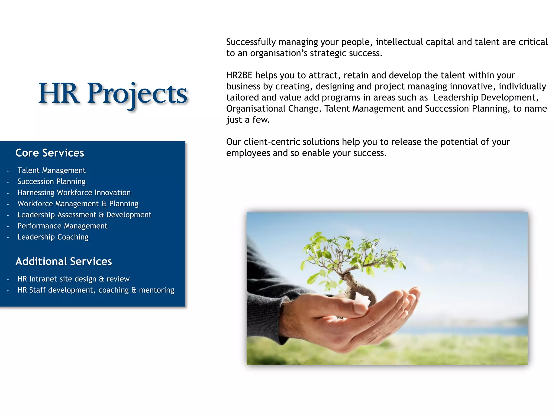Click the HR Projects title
(113, 93)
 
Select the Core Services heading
(50, 153)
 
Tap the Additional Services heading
(64, 262)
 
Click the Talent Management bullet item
(51, 170)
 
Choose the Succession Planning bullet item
(51, 181)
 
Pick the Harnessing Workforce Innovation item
(74, 193)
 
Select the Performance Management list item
(62, 226)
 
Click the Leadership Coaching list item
(53, 237)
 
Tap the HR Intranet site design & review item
(73, 279)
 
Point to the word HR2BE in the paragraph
(239, 75)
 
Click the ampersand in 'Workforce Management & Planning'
(104, 204)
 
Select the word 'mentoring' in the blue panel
(156, 290)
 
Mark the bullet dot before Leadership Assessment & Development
(8, 216)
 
